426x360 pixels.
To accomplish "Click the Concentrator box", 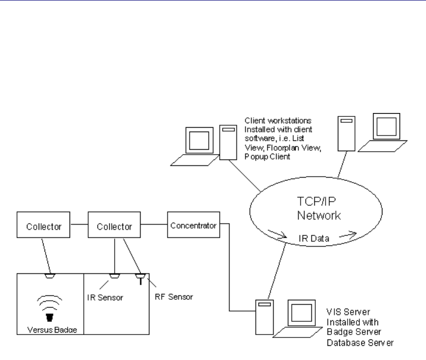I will pyautogui.click(x=193, y=225).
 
